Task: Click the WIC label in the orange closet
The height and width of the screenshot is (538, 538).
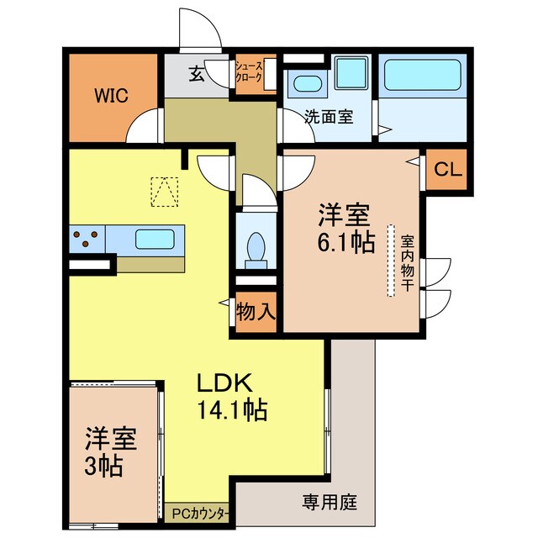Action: [110, 95]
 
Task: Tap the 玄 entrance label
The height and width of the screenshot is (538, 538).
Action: [196, 74]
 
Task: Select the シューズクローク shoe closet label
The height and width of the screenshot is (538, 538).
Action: [255, 72]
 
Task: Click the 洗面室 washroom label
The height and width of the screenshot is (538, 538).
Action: [328, 118]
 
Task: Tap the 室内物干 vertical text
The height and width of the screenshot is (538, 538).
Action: [407, 260]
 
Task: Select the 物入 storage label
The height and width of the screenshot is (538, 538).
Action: [256, 311]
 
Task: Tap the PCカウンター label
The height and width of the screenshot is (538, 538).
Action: [199, 511]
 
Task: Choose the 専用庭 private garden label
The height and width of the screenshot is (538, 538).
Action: [330, 503]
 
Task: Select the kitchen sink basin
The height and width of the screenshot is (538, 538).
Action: [155, 238]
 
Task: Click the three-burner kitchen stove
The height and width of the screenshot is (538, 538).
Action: [87, 238]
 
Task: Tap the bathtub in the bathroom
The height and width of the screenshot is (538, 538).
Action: [422, 78]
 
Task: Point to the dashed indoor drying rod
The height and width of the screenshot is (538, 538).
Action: [391, 260]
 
